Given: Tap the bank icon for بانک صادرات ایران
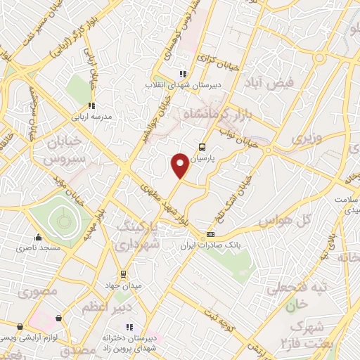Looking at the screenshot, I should click(210, 234).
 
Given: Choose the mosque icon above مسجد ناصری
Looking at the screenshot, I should click(38, 237).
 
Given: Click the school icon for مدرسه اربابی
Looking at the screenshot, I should click(91, 105).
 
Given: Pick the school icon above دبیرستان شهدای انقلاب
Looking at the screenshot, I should click(182, 73).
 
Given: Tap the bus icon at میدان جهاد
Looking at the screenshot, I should click(123, 274).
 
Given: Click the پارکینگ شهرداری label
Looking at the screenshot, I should click(139, 236).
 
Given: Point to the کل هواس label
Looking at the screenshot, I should click(285, 221).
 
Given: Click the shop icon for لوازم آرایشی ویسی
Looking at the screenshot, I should click(19, 327).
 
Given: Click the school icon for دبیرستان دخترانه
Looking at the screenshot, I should click(129, 328).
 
